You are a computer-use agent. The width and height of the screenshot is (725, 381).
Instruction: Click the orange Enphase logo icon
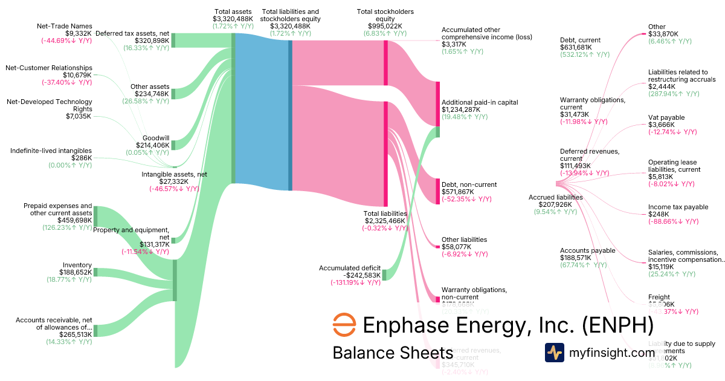point(344,325)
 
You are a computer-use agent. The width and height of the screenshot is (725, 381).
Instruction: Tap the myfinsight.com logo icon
point(555,353)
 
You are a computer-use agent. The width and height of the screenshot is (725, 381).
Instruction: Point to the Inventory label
point(77,265)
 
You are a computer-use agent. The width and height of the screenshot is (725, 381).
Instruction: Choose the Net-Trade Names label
point(64,26)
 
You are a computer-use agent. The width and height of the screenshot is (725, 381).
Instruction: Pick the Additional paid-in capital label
point(480,102)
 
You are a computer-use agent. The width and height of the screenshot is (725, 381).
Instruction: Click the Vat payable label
point(666,117)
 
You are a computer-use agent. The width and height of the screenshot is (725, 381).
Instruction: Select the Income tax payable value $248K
point(659,214)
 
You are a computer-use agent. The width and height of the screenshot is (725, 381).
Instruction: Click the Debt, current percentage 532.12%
point(578,54)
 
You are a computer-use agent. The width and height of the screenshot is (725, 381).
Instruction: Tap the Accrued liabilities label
point(555,197)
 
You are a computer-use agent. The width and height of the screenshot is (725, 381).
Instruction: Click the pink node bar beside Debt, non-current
point(438,191)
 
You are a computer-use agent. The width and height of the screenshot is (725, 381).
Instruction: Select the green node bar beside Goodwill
point(173,145)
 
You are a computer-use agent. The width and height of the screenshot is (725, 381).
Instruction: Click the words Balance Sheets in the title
point(392,353)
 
